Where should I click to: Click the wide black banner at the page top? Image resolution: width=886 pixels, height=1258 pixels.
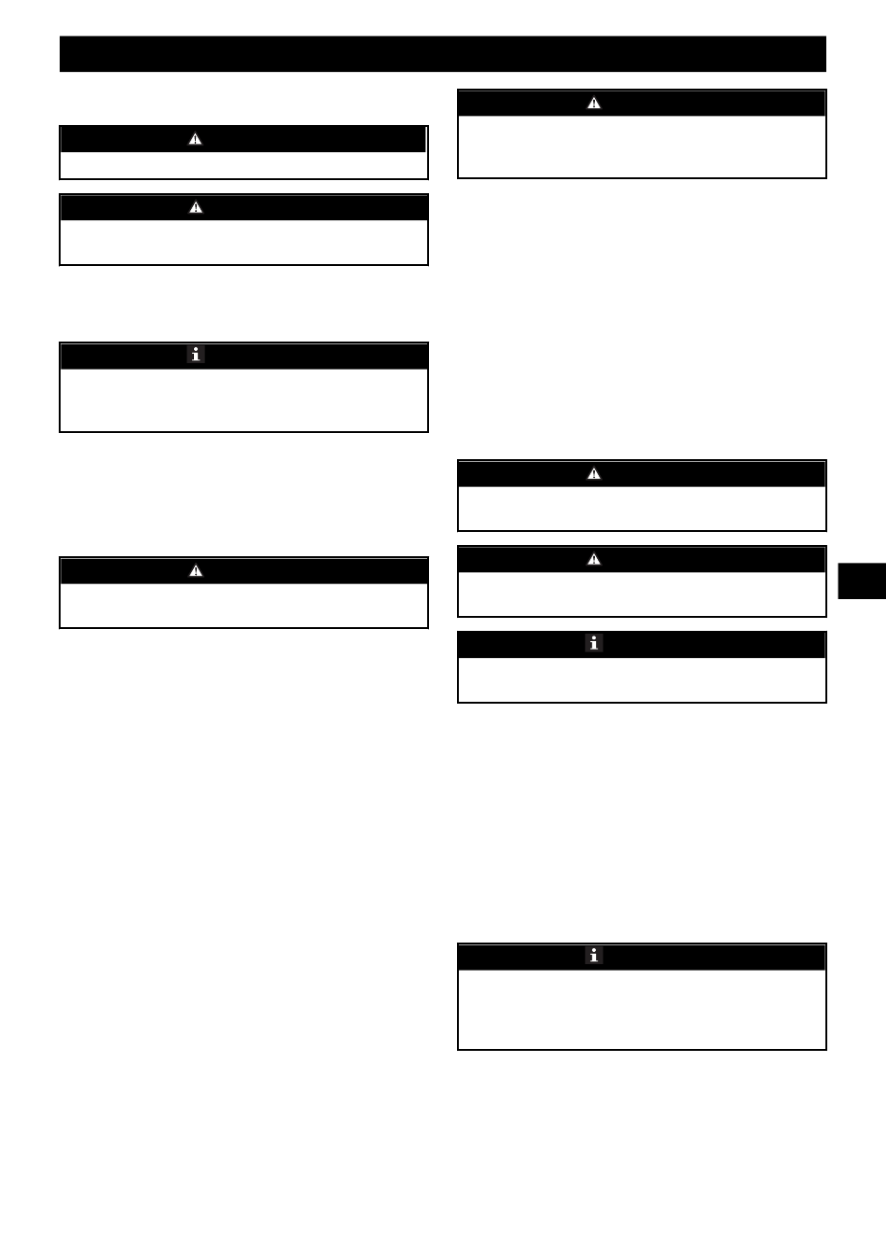[x=443, y=54]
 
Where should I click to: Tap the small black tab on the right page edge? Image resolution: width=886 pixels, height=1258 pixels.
[x=861, y=580]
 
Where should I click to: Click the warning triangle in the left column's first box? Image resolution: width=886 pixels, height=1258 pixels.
[x=196, y=139]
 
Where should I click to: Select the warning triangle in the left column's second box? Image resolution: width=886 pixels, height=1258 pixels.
[x=196, y=207]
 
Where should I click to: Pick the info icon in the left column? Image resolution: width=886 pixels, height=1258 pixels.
[x=196, y=355]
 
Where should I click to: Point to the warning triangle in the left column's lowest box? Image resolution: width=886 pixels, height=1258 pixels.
[x=196, y=570]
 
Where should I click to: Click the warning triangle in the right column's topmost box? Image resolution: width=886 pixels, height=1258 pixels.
[x=594, y=103]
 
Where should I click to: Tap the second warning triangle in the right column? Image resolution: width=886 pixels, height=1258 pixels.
[x=594, y=473]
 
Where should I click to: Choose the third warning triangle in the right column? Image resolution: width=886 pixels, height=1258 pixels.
[x=594, y=559]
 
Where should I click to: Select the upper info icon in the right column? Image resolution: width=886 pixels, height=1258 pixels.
[x=594, y=643]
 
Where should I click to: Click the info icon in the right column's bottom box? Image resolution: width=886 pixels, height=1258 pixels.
[x=594, y=956]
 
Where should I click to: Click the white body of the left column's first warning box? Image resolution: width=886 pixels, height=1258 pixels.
[x=243, y=165]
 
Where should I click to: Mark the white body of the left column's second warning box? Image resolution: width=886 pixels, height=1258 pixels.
[x=243, y=242]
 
